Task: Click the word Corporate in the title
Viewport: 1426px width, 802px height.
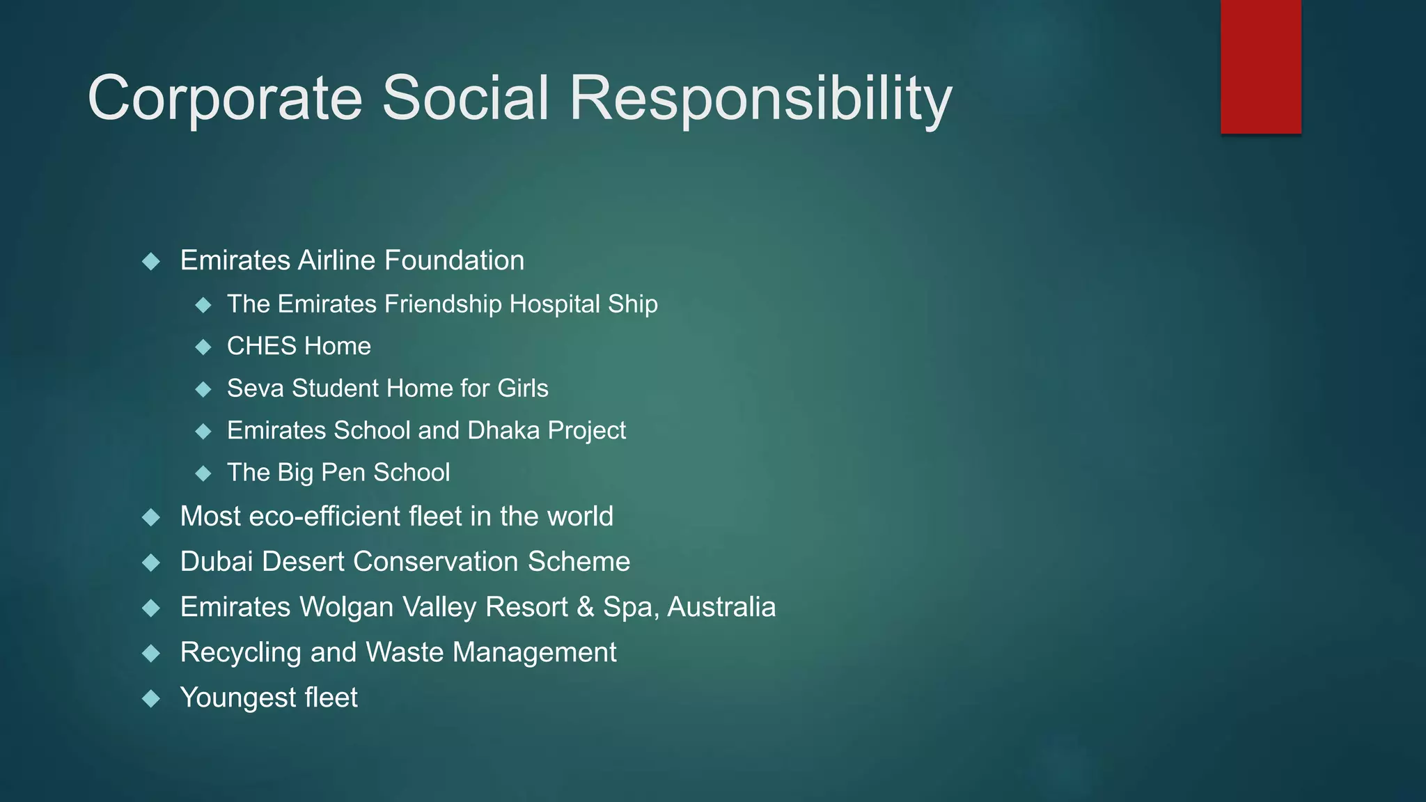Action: pos(225,99)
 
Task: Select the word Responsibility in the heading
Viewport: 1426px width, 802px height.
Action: pos(760,99)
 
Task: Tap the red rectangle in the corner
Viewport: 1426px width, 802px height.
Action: pos(1260,67)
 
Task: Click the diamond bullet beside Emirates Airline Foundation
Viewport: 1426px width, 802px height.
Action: pos(151,262)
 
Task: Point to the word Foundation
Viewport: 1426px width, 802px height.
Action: pos(454,260)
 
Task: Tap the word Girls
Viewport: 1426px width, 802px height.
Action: pos(522,388)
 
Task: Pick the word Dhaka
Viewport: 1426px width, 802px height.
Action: pos(503,430)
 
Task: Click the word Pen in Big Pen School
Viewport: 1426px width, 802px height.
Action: pos(343,473)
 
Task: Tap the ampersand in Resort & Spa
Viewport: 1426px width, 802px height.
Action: pos(586,607)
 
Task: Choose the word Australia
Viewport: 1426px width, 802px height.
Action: pos(721,607)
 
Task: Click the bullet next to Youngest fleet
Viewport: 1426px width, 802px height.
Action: pos(151,698)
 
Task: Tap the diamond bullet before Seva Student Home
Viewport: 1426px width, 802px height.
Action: pos(203,389)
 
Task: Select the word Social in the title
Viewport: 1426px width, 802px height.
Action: pos(465,99)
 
